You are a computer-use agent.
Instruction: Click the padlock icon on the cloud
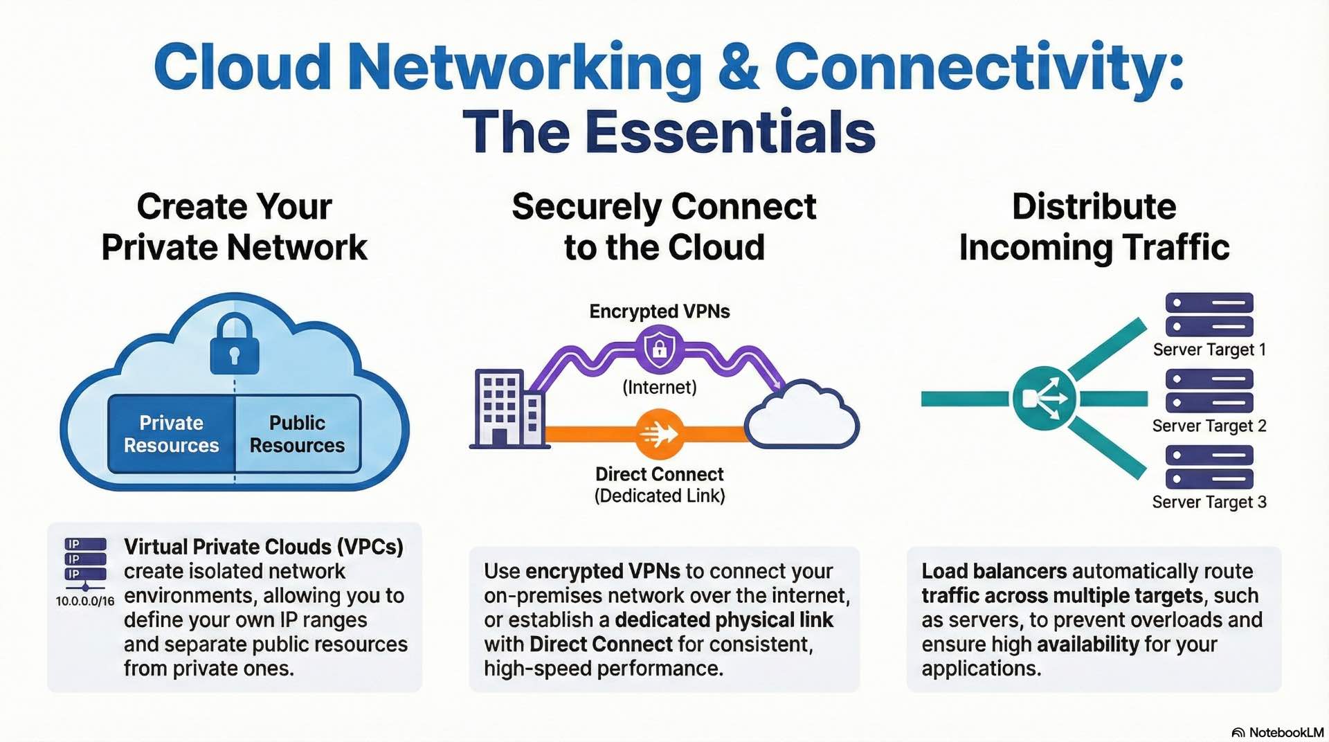coord(235,344)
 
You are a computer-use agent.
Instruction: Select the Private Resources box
coord(172,434)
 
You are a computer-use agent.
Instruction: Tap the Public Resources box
coord(297,434)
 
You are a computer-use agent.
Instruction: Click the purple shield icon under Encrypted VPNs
coord(659,348)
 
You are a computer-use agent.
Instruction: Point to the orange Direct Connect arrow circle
coord(659,434)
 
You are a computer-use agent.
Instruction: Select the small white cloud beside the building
coord(802,415)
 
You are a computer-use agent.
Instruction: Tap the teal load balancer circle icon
coord(1044,398)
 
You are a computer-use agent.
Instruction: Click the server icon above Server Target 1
coord(1209,315)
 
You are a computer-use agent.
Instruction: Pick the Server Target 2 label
coord(1209,426)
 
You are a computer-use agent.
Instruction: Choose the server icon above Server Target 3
coord(1209,467)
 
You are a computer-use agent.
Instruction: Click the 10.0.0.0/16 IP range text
coord(85,601)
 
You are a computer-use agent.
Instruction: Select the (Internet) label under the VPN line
coord(659,387)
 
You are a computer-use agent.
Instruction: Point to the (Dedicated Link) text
coord(659,496)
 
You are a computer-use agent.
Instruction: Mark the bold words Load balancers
coord(994,571)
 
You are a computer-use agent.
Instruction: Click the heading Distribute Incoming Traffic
coord(1094,227)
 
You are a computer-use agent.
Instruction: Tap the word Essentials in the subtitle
coord(730,132)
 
